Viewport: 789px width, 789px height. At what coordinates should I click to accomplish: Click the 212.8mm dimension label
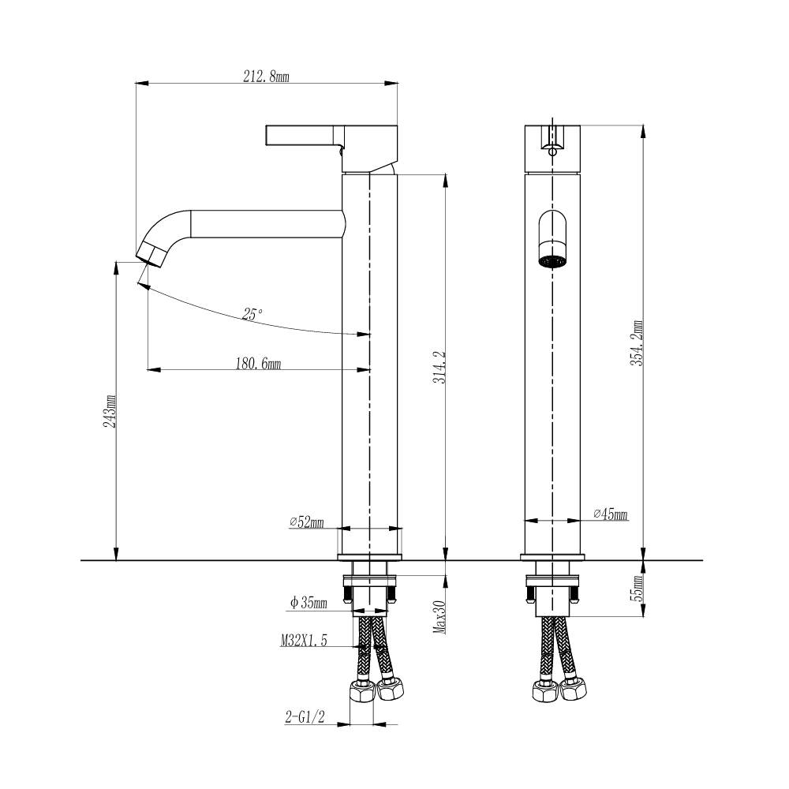(x=265, y=77)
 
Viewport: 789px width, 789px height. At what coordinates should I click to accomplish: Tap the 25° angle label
(x=252, y=314)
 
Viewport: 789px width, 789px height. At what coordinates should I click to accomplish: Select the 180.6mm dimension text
(x=258, y=364)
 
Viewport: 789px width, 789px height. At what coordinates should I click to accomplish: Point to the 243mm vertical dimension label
(x=111, y=411)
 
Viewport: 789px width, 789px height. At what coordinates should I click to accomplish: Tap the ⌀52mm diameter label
(x=307, y=522)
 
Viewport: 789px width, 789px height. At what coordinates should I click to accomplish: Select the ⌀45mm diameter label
(x=610, y=514)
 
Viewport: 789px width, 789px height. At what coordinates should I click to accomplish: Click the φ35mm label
(x=308, y=604)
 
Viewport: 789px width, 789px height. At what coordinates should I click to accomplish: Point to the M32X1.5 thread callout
(x=303, y=641)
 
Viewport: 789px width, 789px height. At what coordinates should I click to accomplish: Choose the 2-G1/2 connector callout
(x=305, y=717)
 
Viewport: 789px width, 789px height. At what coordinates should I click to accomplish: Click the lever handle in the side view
(x=304, y=135)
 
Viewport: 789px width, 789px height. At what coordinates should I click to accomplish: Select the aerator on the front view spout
(x=552, y=260)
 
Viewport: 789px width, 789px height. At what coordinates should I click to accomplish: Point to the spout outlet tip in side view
(x=151, y=254)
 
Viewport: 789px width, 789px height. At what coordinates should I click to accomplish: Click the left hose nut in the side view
(x=363, y=692)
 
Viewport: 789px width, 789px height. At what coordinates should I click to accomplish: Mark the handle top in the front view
(x=552, y=128)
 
